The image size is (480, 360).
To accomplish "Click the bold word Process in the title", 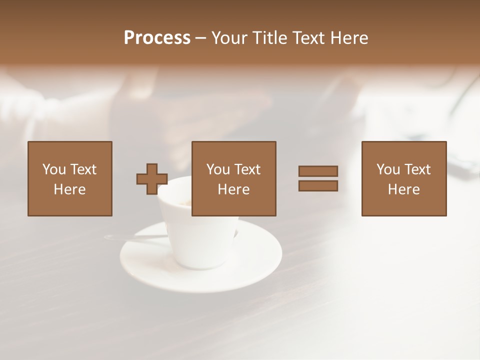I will [x=157, y=38].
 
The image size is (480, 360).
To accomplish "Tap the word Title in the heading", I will [x=269, y=38].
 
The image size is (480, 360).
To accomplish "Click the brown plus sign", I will [x=152, y=179].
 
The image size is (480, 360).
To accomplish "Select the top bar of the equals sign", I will [x=318, y=171].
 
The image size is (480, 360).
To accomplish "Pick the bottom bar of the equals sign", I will [x=318, y=185].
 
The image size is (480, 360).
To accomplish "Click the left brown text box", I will [x=69, y=178].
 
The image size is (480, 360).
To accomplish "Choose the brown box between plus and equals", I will [x=233, y=178].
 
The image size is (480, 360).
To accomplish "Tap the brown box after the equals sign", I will [x=403, y=178].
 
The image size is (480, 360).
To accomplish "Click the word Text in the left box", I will [x=83, y=169].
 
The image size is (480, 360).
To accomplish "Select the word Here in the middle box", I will [x=233, y=189].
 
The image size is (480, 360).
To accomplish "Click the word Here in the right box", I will [x=403, y=189].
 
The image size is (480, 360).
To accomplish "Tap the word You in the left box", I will [x=54, y=169].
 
